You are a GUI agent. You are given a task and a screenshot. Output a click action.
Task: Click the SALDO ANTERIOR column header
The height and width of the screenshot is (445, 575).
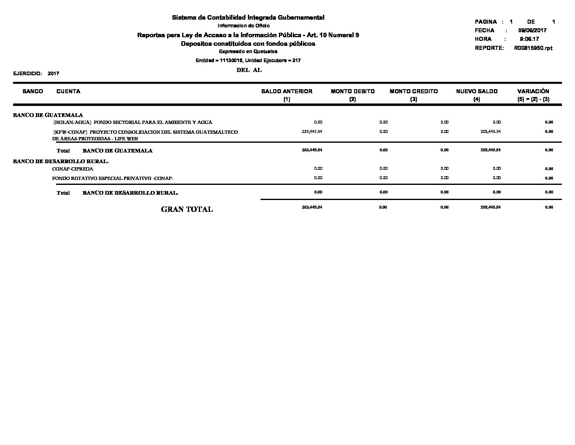287,92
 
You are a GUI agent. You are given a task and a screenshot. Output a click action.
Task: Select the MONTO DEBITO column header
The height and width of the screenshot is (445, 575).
352,92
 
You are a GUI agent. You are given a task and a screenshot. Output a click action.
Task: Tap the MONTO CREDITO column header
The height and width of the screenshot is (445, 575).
414,92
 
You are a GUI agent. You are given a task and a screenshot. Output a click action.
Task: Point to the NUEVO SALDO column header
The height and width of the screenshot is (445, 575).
477,92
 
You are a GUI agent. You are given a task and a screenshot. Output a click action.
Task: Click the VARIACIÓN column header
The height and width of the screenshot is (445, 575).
533,92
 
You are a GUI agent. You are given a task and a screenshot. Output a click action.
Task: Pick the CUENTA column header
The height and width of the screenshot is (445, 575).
68,92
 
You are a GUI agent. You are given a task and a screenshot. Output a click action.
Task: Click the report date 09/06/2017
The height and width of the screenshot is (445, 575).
532,30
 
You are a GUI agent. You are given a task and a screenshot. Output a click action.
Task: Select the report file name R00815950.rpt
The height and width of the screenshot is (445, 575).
533,48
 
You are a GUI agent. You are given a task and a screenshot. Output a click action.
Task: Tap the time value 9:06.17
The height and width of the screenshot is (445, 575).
529,39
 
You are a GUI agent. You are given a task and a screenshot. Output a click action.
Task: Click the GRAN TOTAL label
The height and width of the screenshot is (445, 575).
187,209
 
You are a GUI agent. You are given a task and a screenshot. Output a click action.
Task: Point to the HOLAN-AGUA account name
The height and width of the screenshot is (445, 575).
133,122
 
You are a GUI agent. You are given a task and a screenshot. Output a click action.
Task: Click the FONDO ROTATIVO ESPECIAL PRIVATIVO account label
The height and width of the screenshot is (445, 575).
113,178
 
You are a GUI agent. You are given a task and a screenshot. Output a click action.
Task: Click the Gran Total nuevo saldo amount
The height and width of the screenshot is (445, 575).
490,207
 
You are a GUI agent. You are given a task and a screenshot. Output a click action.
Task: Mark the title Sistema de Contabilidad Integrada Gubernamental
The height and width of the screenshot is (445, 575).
248,18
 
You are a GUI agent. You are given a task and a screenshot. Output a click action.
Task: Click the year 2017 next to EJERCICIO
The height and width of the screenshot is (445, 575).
53,74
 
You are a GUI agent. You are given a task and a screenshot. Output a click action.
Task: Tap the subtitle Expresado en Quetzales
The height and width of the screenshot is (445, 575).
248,52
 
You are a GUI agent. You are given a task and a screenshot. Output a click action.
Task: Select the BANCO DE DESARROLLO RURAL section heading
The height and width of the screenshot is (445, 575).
61,161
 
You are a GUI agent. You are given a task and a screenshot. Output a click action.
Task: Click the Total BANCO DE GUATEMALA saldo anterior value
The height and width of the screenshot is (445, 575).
312,150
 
